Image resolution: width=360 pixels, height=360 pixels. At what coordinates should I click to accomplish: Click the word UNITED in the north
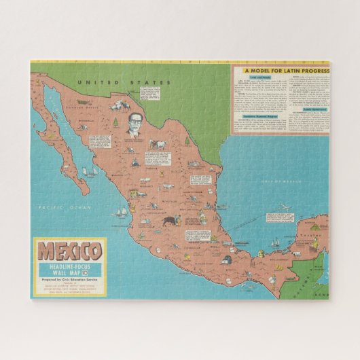(x=92, y=82)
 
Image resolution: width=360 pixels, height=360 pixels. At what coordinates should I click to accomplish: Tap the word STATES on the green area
(x=132, y=82)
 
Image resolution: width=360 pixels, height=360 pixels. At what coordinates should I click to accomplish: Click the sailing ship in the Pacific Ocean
(x=121, y=213)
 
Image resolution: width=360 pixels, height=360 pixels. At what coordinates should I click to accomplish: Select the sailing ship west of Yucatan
(x=275, y=242)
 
